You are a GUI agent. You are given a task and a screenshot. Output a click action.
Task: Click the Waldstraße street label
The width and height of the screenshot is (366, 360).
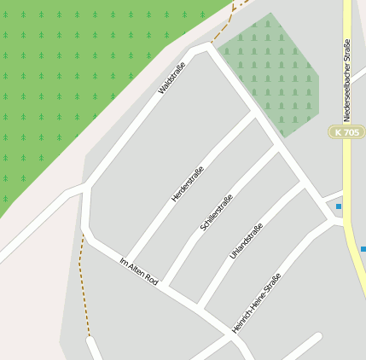(172, 77)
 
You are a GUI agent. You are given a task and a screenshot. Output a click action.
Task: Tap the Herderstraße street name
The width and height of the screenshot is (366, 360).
(188, 183)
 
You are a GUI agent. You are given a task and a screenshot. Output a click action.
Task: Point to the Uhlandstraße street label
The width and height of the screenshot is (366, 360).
(247, 241)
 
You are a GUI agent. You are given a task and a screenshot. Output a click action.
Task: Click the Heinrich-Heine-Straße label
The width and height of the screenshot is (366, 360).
(256, 303)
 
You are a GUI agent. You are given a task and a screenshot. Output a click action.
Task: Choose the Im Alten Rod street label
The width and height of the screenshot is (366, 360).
(139, 271)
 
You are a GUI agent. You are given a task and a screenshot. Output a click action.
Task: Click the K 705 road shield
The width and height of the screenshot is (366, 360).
(346, 132)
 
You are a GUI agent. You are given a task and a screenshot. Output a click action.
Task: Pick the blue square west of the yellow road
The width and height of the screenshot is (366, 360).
(339, 206)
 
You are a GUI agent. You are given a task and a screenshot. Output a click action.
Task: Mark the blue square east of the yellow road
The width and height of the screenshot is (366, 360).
(363, 249)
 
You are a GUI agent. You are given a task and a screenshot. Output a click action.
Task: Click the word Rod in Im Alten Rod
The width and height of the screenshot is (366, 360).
(151, 279)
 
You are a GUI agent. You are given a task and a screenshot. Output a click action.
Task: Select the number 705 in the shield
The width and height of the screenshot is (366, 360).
(351, 132)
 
